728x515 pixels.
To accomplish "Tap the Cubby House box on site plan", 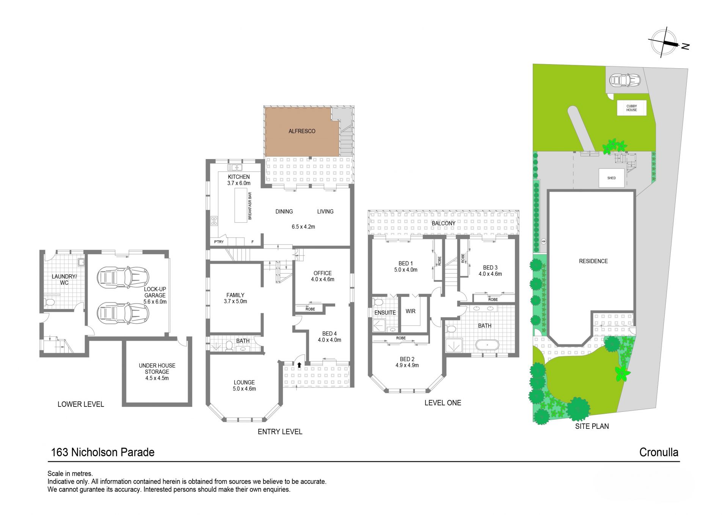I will [631, 108].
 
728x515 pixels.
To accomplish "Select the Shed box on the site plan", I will [611, 178].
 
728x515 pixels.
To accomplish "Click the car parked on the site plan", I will [624, 80].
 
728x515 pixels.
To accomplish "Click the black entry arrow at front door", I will [299, 365].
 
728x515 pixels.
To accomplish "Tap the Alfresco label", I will [302, 131].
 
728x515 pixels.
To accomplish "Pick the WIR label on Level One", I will [410, 311].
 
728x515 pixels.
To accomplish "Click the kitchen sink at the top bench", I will [235, 167].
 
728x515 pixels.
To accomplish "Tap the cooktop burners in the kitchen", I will [214, 220].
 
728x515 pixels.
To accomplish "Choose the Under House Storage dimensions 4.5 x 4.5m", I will [157, 378].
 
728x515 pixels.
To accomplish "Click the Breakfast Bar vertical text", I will [250, 206].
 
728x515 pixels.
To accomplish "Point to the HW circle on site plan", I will [543, 241].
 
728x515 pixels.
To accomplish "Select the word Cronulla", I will [659, 452].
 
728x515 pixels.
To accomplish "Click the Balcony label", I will [443, 223].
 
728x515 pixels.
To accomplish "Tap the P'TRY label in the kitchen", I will [219, 242].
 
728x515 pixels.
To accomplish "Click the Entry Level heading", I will [280, 432].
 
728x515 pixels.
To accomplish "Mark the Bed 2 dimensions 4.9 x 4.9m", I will [407, 365].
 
